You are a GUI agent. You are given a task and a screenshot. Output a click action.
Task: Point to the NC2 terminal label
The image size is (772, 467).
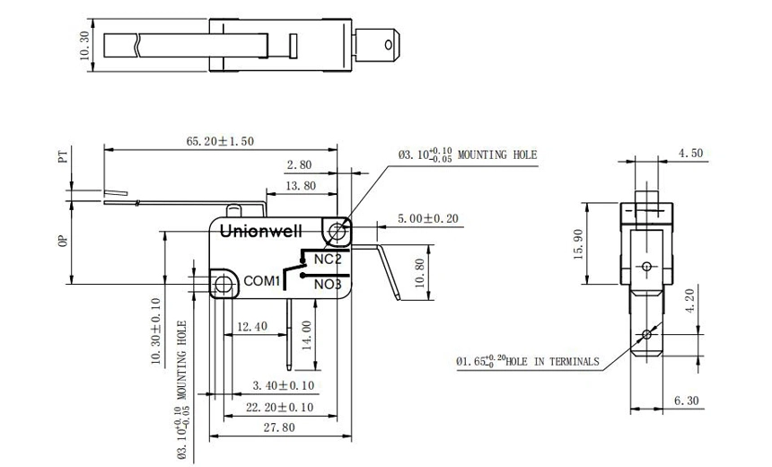327,259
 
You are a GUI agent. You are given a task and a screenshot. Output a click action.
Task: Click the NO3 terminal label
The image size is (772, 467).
328,285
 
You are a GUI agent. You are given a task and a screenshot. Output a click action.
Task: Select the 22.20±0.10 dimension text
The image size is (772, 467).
280,407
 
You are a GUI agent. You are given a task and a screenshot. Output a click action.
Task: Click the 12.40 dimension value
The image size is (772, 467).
252,326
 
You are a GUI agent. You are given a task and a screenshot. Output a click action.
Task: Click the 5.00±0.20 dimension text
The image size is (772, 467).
428,218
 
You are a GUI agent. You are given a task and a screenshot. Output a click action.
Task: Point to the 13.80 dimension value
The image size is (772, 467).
299,185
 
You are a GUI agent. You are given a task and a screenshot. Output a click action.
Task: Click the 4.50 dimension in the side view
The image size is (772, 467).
690,154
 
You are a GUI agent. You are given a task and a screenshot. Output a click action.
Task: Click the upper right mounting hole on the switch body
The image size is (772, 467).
338,231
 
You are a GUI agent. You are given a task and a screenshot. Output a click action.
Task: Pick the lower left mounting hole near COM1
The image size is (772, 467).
222,283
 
